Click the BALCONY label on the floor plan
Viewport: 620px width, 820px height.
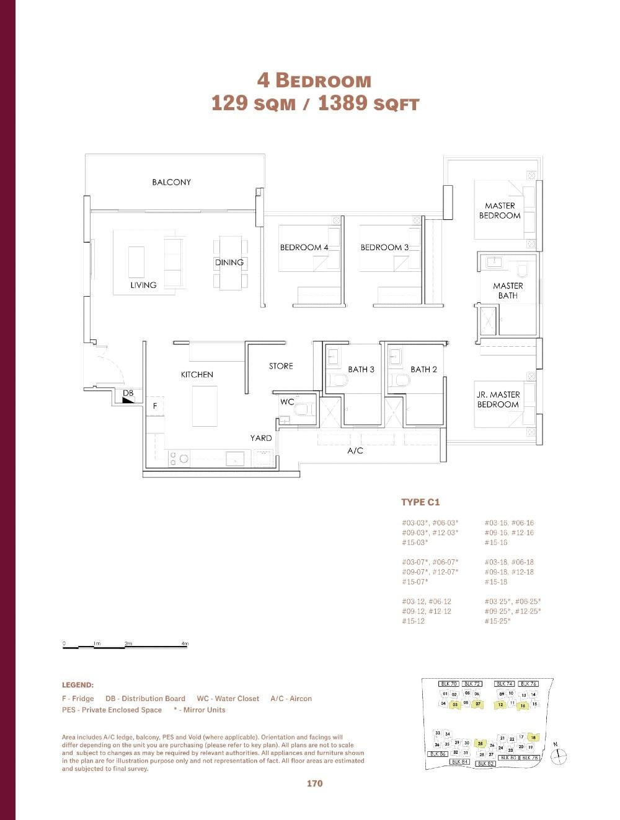click(171, 182)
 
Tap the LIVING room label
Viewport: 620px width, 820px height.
click(143, 285)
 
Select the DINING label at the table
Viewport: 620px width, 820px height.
click(229, 263)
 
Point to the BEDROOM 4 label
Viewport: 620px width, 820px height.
click(304, 247)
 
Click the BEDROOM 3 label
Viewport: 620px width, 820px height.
click(384, 247)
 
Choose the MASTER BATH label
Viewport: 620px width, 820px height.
click(508, 290)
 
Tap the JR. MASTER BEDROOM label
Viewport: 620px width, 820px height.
click(498, 399)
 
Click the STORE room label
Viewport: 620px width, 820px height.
click(281, 366)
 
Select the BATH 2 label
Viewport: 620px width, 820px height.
click(423, 369)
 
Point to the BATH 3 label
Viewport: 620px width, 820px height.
click(361, 369)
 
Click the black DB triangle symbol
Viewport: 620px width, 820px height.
click(128, 401)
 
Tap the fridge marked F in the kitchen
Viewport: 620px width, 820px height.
click(155, 406)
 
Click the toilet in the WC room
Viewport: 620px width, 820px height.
click(303, 409)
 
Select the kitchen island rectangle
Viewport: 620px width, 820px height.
click(205, 406)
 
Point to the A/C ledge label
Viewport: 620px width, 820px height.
click(355, 451)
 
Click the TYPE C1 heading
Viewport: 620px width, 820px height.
click(420, 502)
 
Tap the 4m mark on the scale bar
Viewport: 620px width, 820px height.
click(185, 644)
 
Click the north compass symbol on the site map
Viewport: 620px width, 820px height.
click(559, 756)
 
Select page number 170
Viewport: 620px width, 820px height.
click(314, 783)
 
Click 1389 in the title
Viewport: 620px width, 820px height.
click(342, 103)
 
